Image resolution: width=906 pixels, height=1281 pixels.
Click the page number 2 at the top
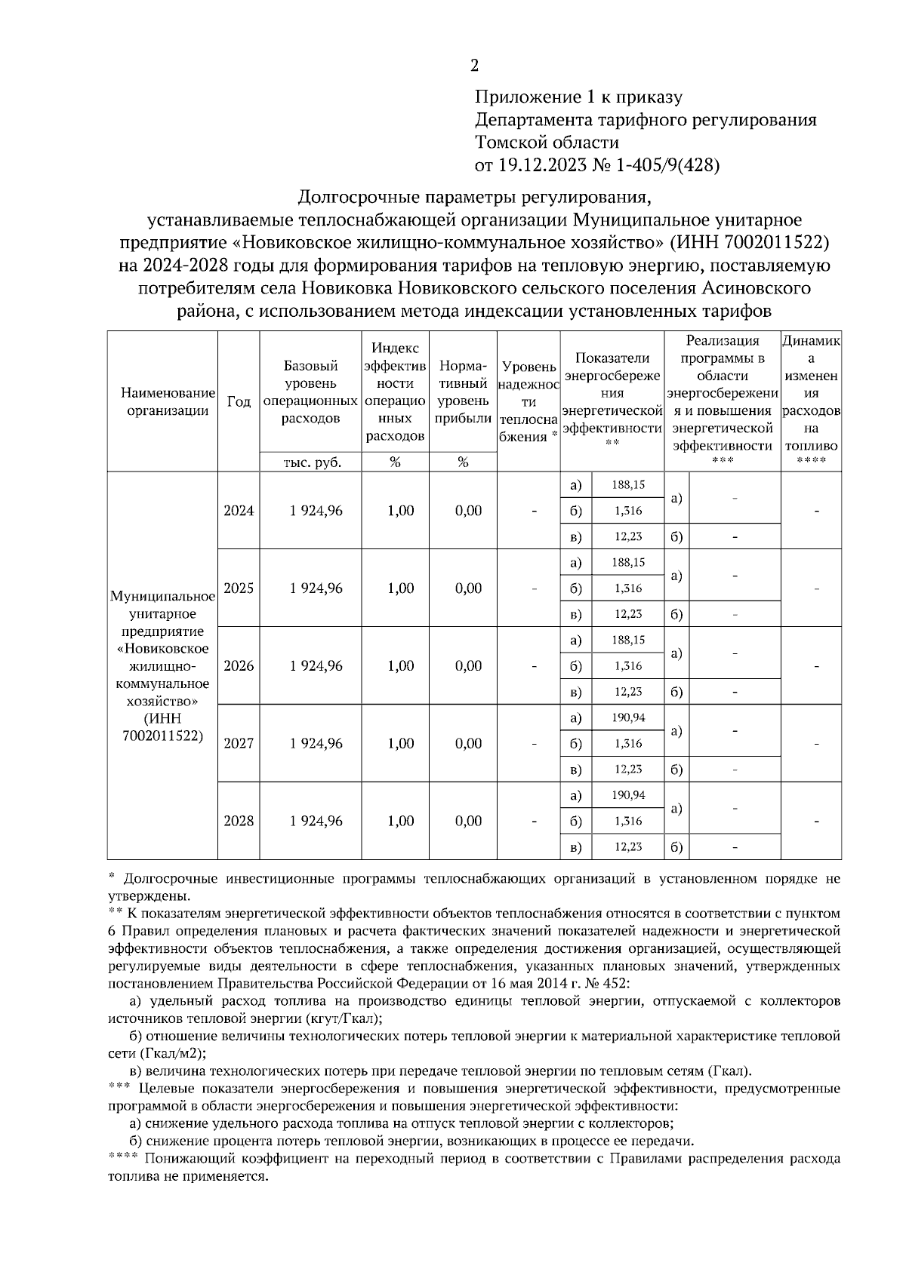click(x=474, y=66)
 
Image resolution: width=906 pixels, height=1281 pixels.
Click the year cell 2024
click(x=239, y=511)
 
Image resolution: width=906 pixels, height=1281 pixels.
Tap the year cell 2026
click(x=239, y=666)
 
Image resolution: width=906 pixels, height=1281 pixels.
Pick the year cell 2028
click(x=239, y=821)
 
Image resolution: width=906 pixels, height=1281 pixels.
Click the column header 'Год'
click(x=239, y=402)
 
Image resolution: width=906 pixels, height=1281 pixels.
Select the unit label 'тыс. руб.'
click(x=311, y=462)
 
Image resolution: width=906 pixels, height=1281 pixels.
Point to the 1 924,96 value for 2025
click(x=316, y=588)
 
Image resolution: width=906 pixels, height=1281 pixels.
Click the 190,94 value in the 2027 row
click(x=628, y=717)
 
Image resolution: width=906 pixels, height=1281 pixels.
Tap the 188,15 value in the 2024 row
click(x=628, y=485)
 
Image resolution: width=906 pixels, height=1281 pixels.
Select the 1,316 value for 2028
click(x=628, y=821)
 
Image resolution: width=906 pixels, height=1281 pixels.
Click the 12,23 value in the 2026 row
click(x=628, y=692)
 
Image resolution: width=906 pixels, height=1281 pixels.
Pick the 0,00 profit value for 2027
click(x=468, y=744)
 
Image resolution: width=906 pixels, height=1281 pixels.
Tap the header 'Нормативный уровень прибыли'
click(x=463, y=392)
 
